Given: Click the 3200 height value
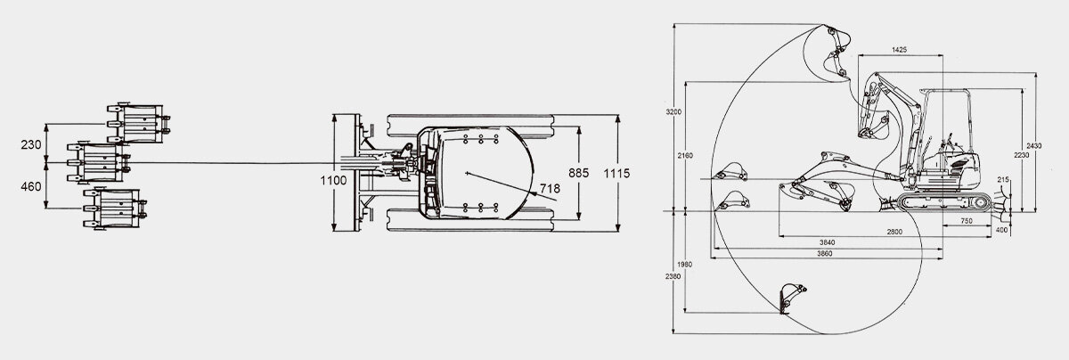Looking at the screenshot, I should pyautogui.click(x=673, y=112).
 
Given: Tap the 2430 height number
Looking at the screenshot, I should pyautogui.click(x=1033, y=145).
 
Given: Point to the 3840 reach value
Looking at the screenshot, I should pyautogui.click(x=826, y=242).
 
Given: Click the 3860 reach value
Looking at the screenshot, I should pyautogui.click(x=826, y=254).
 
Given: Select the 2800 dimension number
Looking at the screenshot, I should pyautogui.click(x=894, y=232).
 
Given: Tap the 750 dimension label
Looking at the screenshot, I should pyautogui.click(x=966, y=220).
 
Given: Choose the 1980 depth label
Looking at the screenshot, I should pyautogui.click(x=684, y=264).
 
